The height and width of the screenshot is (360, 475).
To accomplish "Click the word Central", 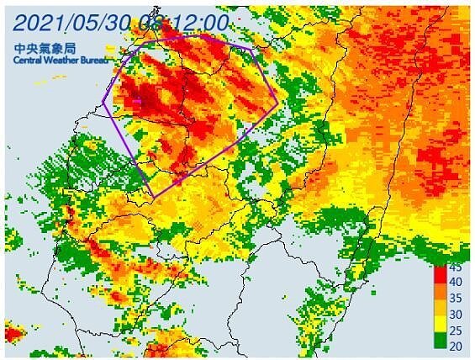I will (29, 61).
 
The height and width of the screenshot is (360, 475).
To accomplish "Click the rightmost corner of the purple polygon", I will (277, 104).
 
